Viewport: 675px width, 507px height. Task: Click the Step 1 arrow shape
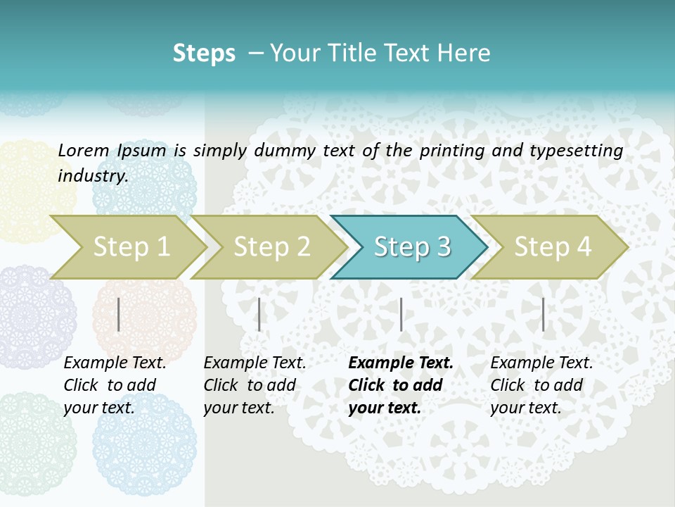(127, 247)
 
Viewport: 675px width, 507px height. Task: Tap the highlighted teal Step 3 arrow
(411, 247)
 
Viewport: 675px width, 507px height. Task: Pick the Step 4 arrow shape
(552, 247)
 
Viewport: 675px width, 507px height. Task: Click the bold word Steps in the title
(204, 54)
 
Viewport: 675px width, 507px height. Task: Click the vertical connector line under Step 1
(119, 314)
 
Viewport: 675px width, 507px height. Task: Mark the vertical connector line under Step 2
(259, 314)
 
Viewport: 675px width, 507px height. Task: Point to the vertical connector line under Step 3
(401, 314)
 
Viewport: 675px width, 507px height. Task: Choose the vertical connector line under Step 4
(543, 314)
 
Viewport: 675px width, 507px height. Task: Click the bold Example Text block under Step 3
(400, 385)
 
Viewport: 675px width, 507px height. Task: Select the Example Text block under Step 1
(115, 385)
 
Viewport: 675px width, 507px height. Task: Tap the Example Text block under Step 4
(541, 385)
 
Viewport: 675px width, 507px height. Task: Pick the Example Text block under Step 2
(255, 385)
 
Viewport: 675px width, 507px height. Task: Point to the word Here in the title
(468, 54)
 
